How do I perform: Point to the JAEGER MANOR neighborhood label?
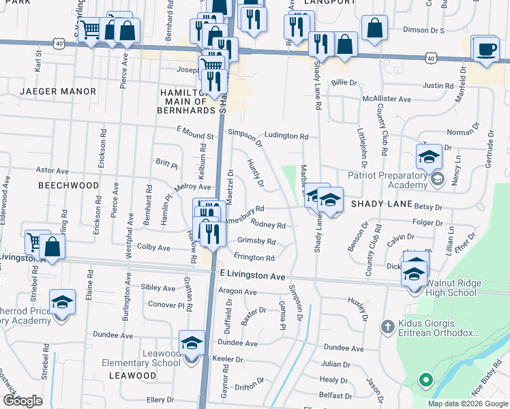point(58,91)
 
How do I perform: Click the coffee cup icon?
point(487,49)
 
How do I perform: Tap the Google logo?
point(22,400)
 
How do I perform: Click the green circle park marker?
point(425,380)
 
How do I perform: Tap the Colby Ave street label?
point(153,247)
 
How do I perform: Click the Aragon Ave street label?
point(237,292)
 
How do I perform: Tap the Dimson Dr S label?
point(423,31)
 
